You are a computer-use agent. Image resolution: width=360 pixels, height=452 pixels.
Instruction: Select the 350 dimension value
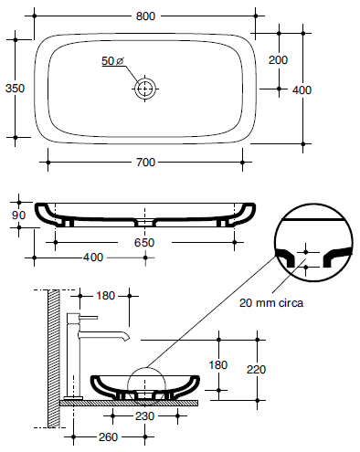point(14,89)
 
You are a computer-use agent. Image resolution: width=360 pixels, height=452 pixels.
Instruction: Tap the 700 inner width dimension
point(145,162)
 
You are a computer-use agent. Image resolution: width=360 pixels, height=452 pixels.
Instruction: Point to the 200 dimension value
point(279,59)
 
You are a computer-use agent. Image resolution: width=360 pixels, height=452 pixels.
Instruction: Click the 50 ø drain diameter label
point(113,61)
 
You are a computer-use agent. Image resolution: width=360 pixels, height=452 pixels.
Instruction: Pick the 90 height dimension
point(16,215)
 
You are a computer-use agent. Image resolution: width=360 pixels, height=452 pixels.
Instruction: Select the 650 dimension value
point(145,243)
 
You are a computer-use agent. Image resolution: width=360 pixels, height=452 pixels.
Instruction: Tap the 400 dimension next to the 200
point(302,89)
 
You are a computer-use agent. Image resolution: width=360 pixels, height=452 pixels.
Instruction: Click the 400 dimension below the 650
point(92,258)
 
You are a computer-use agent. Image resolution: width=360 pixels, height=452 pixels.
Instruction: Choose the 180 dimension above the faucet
point(105,295)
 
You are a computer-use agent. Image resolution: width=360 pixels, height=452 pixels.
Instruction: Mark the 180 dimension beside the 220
point(218,364)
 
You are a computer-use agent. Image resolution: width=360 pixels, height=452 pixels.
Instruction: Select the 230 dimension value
point(145,415)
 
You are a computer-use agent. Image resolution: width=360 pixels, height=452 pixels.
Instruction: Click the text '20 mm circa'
point(272,301)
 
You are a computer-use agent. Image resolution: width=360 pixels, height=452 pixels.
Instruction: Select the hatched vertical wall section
point(53,356)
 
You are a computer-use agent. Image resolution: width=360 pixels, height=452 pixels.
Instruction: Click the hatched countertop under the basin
point(128,401)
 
